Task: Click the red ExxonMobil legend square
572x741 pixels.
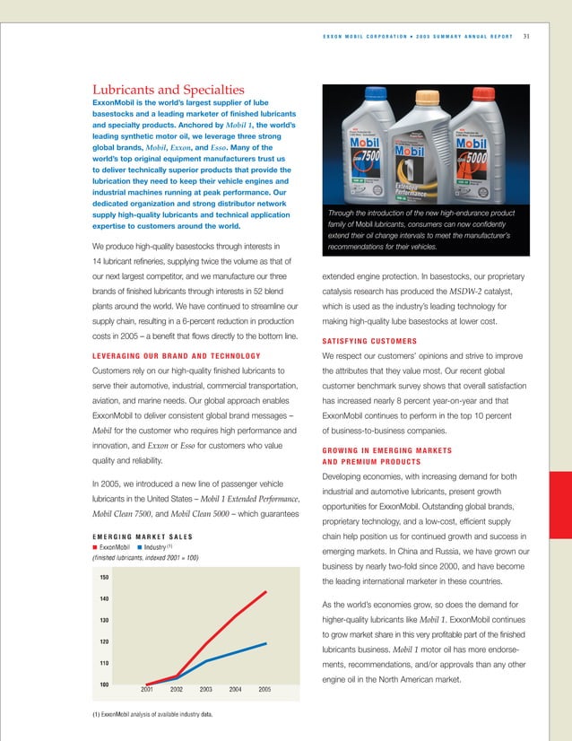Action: [x=95, y=546]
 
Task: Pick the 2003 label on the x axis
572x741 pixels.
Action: [x=205, y=689]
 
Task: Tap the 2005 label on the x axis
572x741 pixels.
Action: [x=265, y=689]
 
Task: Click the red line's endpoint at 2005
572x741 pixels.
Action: [x=265, y=592]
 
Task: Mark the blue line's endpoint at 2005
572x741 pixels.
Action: [x=265, y=643]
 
